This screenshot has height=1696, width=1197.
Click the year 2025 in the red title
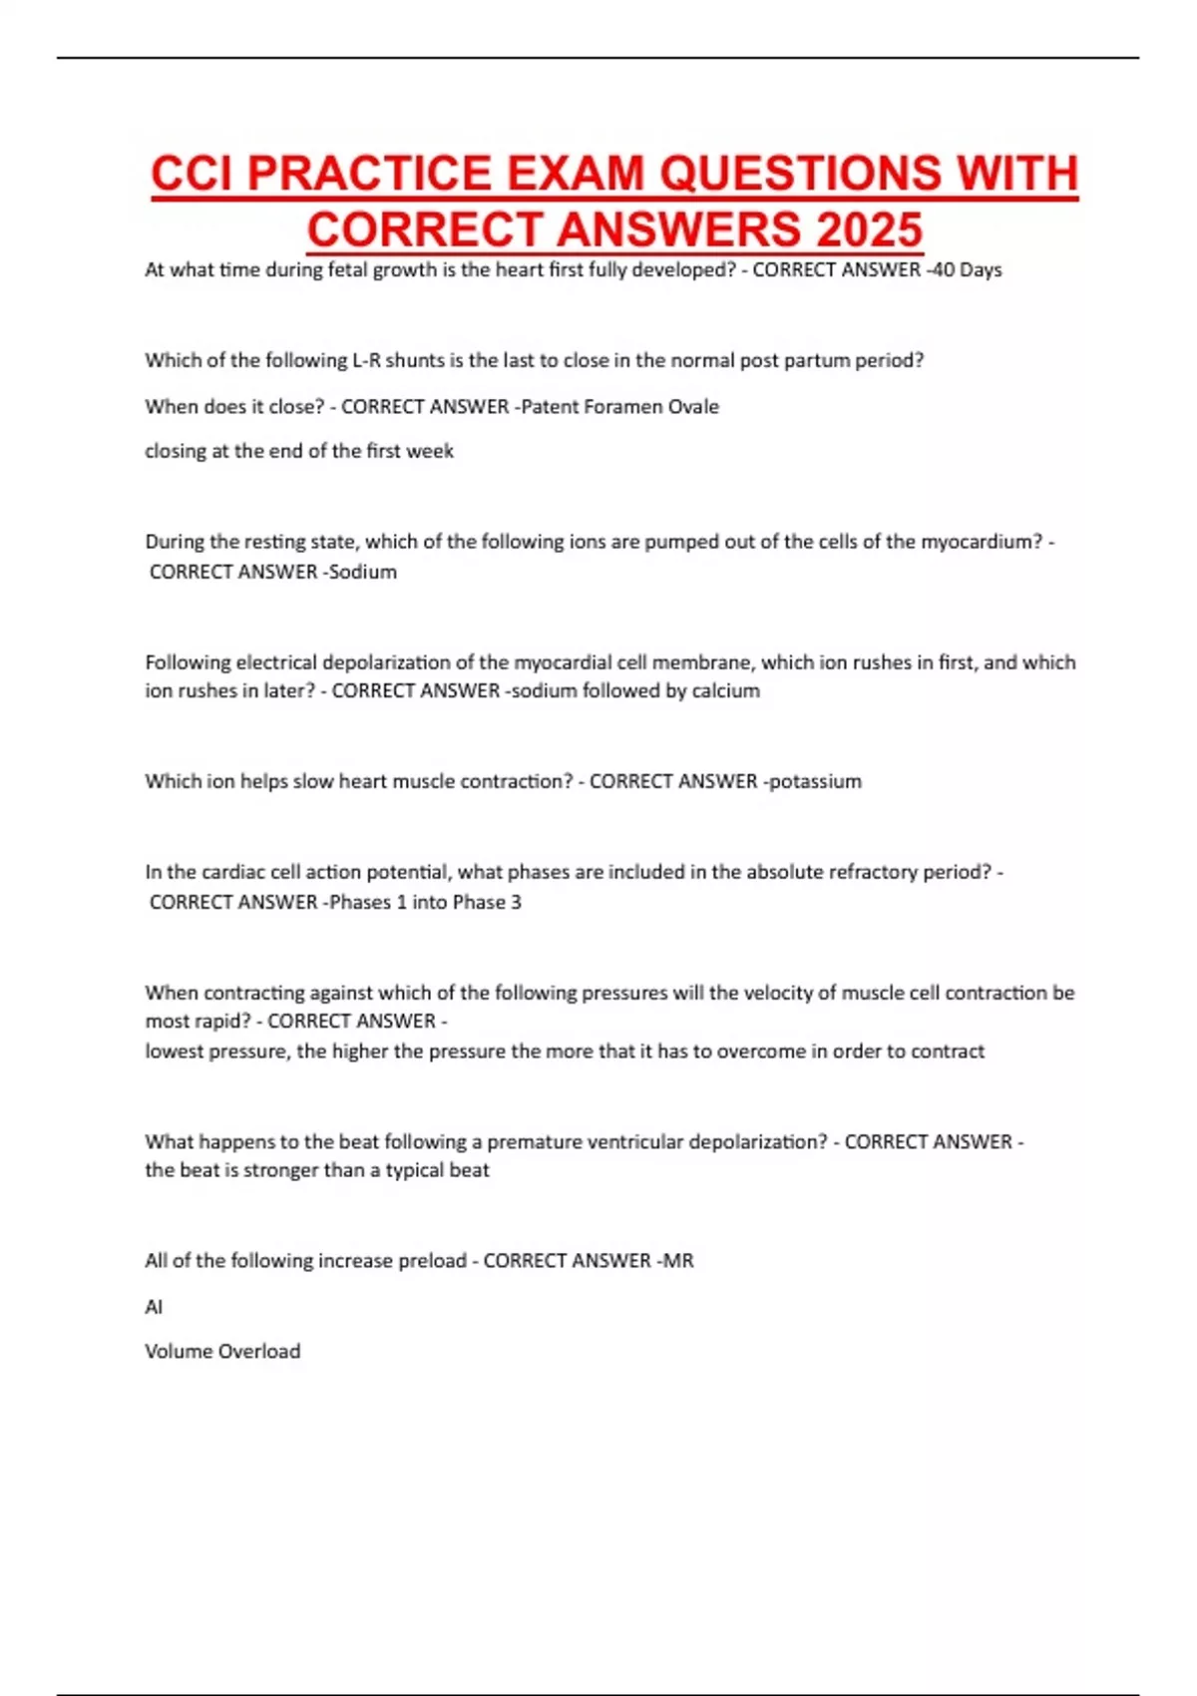869,230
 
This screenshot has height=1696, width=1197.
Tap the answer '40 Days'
967,269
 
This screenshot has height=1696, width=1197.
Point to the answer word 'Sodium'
363,572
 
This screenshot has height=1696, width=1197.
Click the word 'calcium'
726,690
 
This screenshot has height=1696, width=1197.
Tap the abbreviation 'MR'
678,1260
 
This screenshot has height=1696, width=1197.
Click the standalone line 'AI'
154,1306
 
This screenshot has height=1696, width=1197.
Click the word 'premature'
530,1141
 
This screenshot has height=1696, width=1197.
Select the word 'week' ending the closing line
430,451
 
